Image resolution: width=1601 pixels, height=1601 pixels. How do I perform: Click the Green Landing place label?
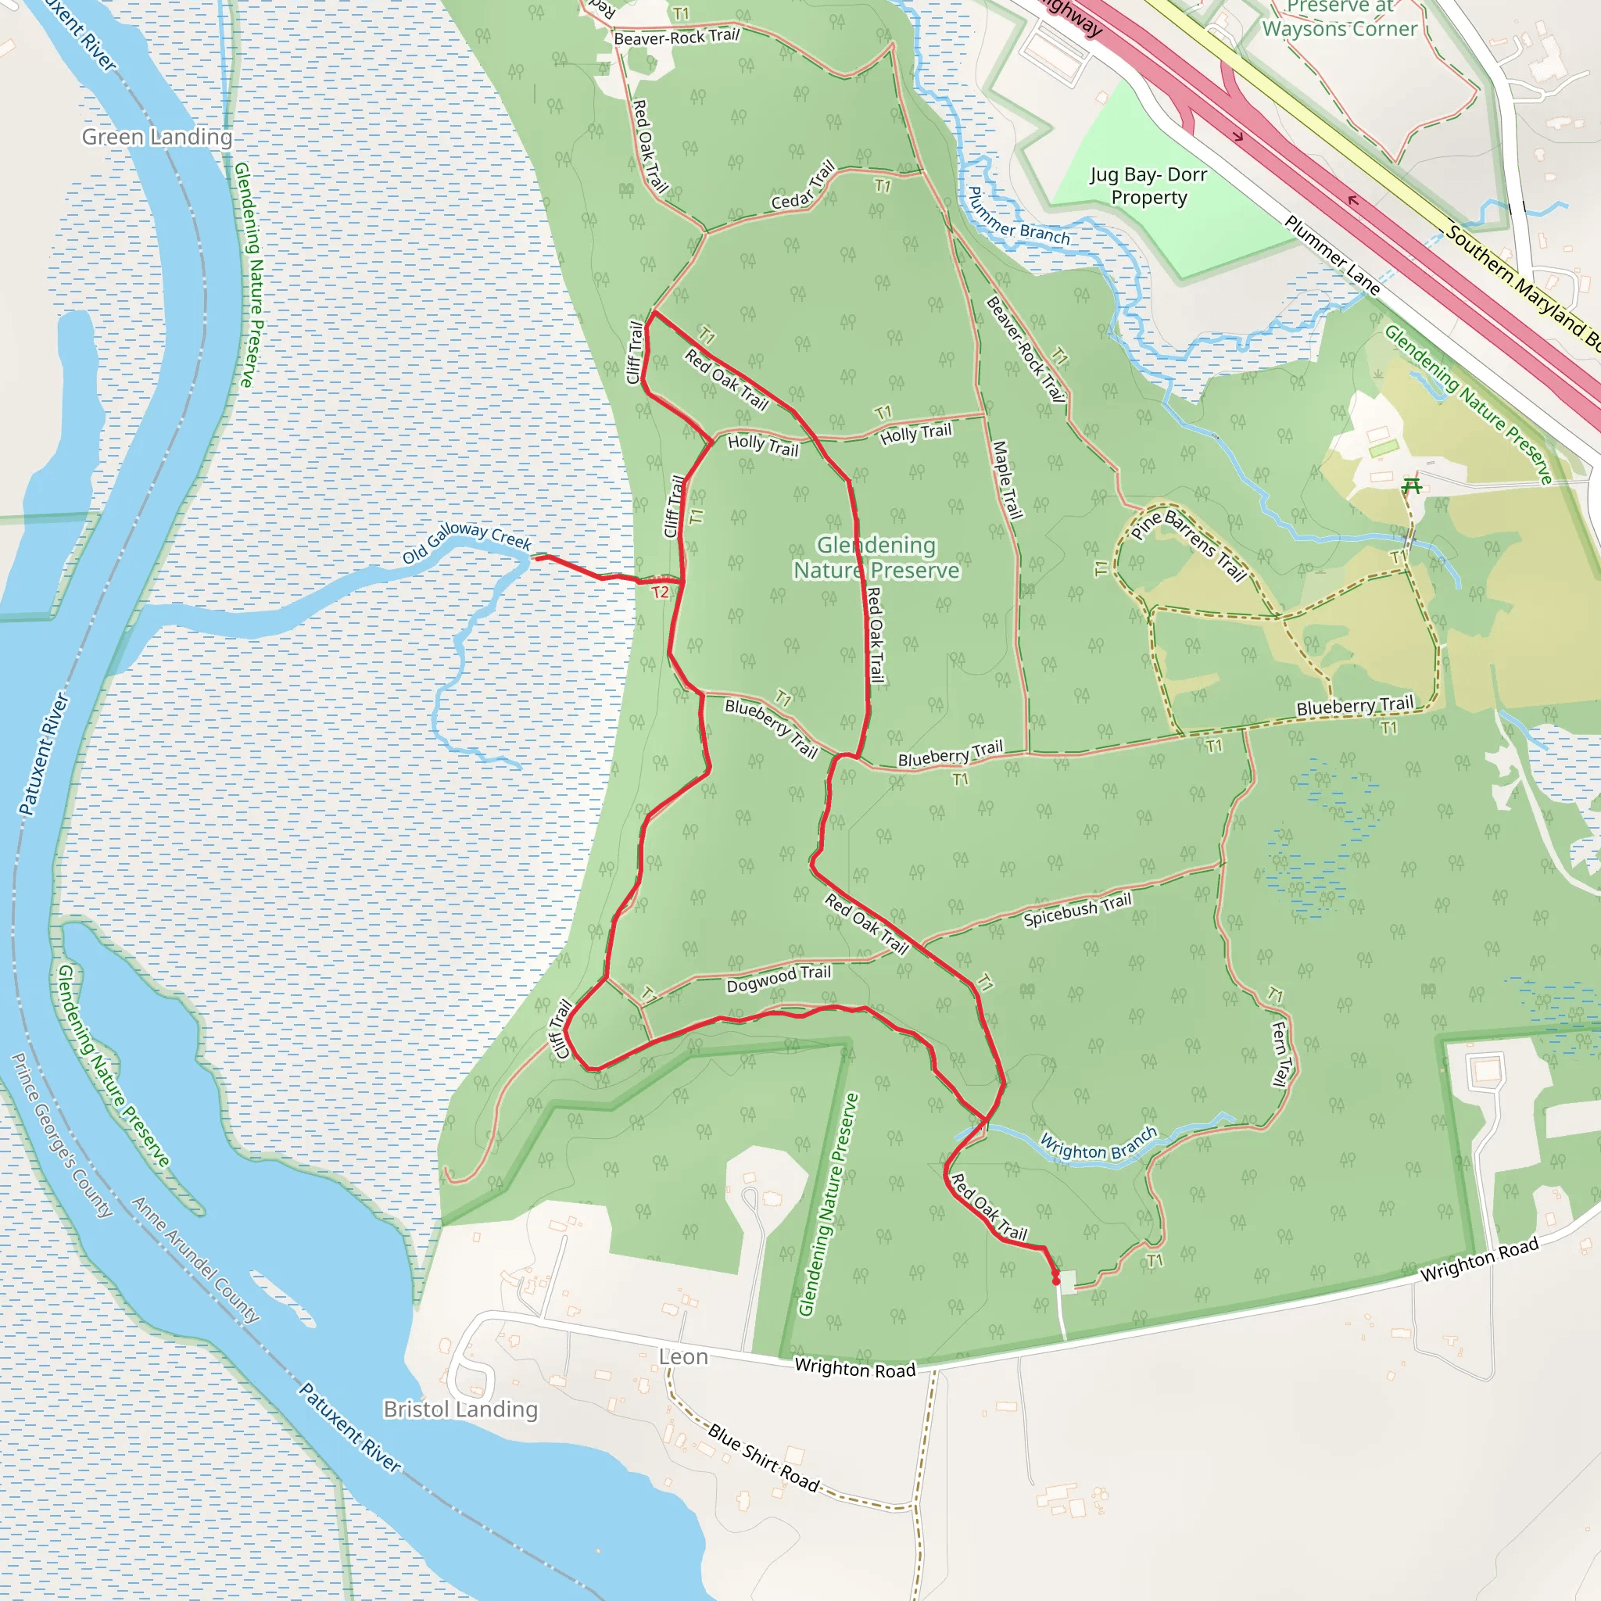pyautogui.click(x=156, y=137)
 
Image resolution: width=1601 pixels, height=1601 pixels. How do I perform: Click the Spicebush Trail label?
pyautogui.click(x=1077, y=910)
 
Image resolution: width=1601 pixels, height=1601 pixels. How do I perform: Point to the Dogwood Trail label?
pyautogui.click(x=778, y=979)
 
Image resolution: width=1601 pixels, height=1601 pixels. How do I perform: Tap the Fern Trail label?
pyautogui.click(x=1280, y=1053)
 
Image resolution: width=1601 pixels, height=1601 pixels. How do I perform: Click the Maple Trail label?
pyautogui.click(x=1008, y=480)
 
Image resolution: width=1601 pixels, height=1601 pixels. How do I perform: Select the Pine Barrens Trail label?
pyautogui.click(x=1188, y=546)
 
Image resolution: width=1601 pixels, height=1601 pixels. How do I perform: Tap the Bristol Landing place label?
pyautogui.click(x=460, y=1409)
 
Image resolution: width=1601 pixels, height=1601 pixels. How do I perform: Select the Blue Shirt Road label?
pyautogui.click(x=763, y=1457)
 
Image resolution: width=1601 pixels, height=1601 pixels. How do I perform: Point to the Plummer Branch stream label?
pyautogui.click(x=1019, y=218)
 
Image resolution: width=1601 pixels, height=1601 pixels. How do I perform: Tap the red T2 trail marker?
pyautogui.click(x=660, y=593)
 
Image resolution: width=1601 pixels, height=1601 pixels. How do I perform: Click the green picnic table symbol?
pyautogui.click(x=1411, y=485)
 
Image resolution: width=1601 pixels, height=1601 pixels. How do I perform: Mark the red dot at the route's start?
pyautogui.click(x=1055, y=1281)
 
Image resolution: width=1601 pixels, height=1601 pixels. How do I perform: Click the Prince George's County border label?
pyautogui.click(x=63, y=1135)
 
